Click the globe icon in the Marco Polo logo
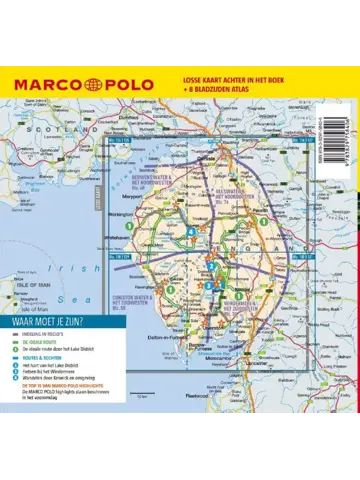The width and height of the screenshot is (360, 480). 91,82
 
